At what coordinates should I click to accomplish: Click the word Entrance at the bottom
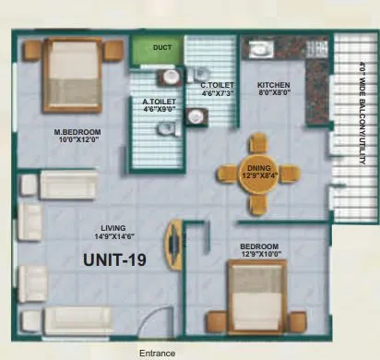pyautogui.click(x=157, y=353)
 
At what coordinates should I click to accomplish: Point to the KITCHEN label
pyautogui.click(x=274, y=88)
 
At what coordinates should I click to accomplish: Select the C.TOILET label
pyautogui.click(x=218, y=89)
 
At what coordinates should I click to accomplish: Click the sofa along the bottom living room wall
pyautogui.click(x=77, y=319)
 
